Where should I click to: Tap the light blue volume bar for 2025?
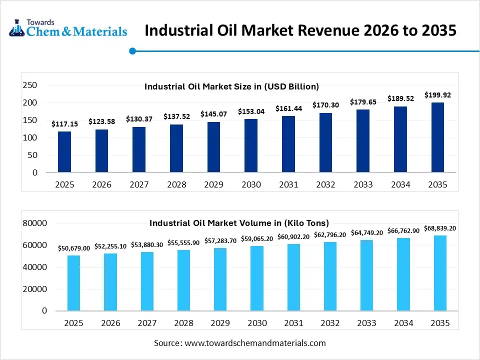coord(73,282)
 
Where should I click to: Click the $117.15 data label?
coord(64,124)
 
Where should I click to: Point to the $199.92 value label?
coord(437,94)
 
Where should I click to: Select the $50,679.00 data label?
coord(74,248)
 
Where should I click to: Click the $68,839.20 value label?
coord(439,228)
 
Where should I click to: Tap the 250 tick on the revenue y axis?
coord(30,85)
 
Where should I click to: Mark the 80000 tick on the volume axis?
coord(35,223)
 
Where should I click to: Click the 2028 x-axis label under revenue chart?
coord(176,184)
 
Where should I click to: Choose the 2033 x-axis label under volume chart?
coord(366,323)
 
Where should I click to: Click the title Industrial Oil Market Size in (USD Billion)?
coord(231,86)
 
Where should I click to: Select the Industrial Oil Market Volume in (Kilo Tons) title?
coord(239,223)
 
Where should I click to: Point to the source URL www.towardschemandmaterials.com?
coord(255,343)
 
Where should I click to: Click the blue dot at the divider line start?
coord(132,50)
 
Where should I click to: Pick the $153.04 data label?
coord(251,111)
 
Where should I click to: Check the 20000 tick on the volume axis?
coord(35,289)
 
